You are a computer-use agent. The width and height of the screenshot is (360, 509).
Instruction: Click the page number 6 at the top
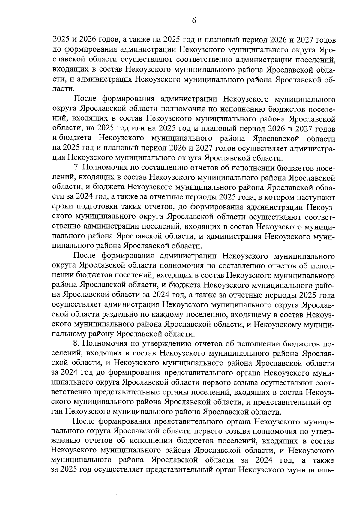(194, 20)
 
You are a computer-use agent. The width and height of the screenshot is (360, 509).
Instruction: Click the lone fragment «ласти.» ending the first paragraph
(62, 89)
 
